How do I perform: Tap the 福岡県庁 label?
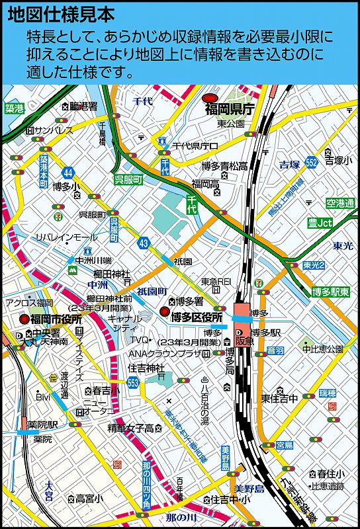[229, 109]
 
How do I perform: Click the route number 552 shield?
[312, 162]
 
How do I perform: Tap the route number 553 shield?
[134, 382]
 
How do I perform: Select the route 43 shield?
[144, 243]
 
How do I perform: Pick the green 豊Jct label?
[320, 224]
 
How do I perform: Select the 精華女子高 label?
[131, 428]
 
